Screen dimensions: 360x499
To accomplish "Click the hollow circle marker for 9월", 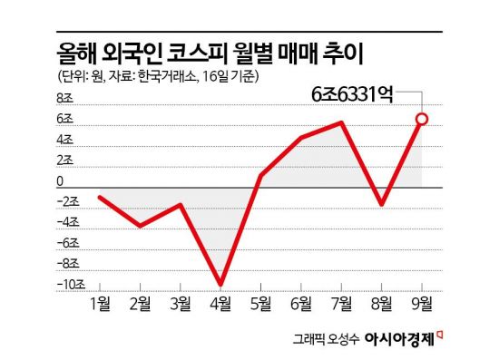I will click(422, 119).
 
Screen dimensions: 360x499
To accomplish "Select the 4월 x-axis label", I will click(220, 302).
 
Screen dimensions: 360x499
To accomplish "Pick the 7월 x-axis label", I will click(341, 302).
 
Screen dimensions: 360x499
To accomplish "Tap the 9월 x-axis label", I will click(422, 302).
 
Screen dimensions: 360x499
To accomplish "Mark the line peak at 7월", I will click(341, 122).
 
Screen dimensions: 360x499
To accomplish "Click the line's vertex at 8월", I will click(381, 205).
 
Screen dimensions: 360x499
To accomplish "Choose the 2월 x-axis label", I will click(141, 302).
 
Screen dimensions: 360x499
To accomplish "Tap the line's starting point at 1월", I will click(100, 197).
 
